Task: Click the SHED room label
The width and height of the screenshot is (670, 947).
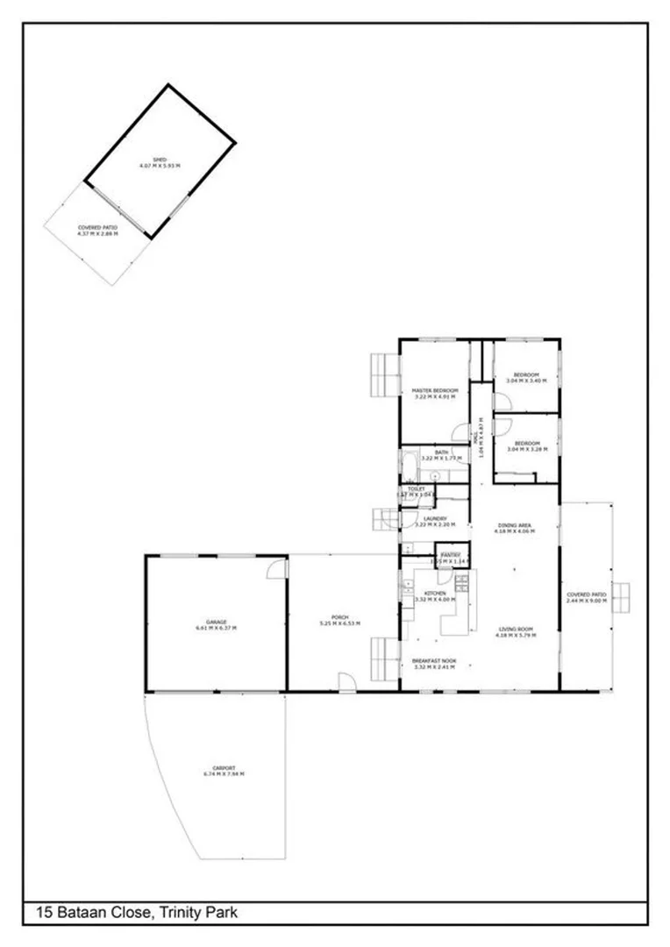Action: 160,160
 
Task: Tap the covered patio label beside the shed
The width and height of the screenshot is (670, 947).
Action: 97,226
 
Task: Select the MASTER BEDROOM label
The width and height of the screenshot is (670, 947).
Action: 435,390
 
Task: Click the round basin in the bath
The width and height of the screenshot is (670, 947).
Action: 434,476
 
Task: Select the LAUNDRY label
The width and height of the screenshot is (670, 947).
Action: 435,518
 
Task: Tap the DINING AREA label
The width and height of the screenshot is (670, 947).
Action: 513,525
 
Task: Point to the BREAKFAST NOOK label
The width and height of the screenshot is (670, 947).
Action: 435,660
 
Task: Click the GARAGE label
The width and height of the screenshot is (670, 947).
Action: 216,623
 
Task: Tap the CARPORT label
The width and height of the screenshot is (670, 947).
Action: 224,769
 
